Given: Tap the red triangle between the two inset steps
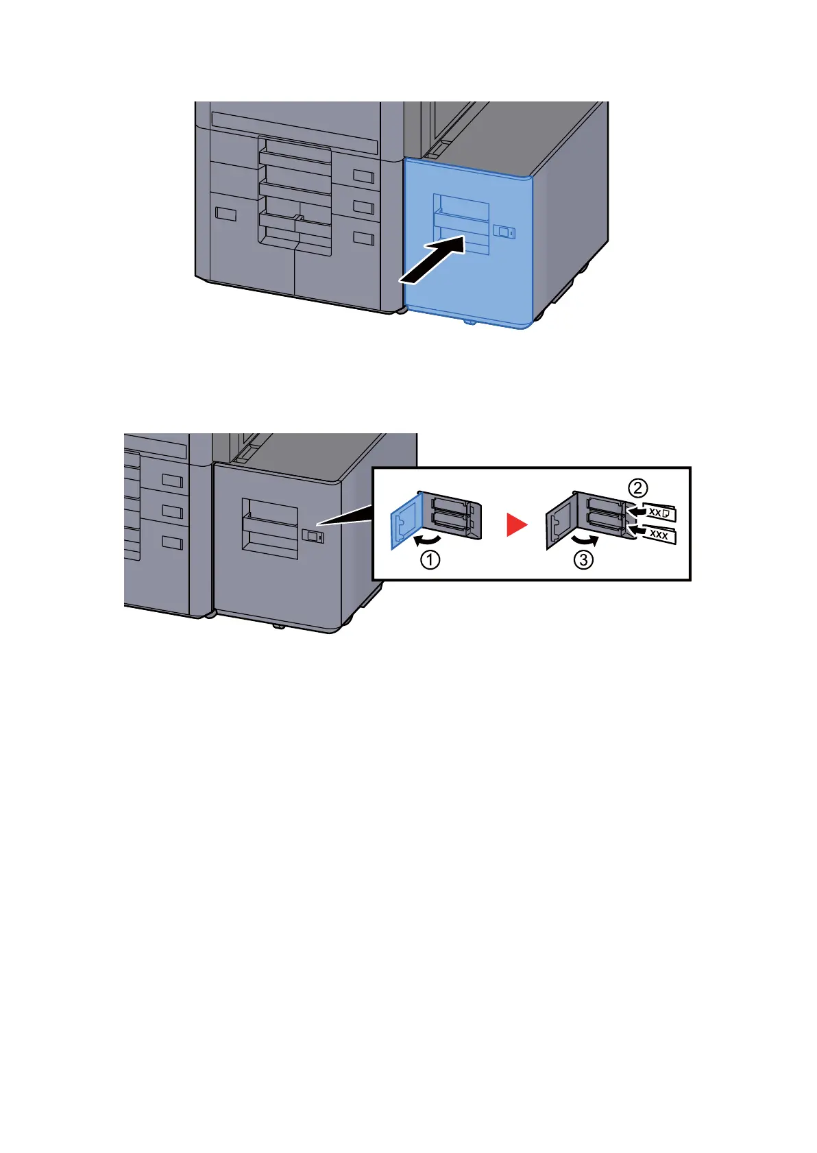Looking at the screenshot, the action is click(516, 526).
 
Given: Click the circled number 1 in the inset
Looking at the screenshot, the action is click(430, 561).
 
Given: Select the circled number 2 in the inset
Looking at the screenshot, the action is click(638, 488).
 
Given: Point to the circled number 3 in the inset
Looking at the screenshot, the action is click(583, 561).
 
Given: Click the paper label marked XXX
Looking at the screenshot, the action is click(659, 534).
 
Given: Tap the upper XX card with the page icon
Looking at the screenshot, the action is click(659, 512).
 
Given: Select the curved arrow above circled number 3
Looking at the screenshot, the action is click(586, 541).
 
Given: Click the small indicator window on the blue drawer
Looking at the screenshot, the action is click(504, 232).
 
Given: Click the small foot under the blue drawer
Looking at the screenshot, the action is click(468, 320).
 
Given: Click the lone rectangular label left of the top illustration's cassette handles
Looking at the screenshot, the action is click(225, 214).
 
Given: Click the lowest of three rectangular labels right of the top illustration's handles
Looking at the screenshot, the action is click(363, 238).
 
